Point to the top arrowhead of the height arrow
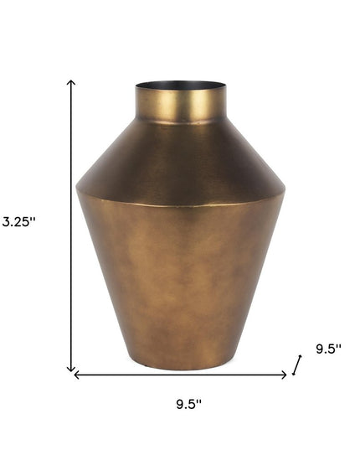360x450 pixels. [x=72, y=82]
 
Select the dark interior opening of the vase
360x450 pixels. [x=180, y=85]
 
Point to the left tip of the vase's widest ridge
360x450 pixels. [x=76, y=188]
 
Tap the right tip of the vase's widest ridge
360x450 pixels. [x=285, y=188]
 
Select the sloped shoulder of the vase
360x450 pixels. [x=180, y=155]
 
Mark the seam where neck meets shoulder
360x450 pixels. [x=180, y=124]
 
